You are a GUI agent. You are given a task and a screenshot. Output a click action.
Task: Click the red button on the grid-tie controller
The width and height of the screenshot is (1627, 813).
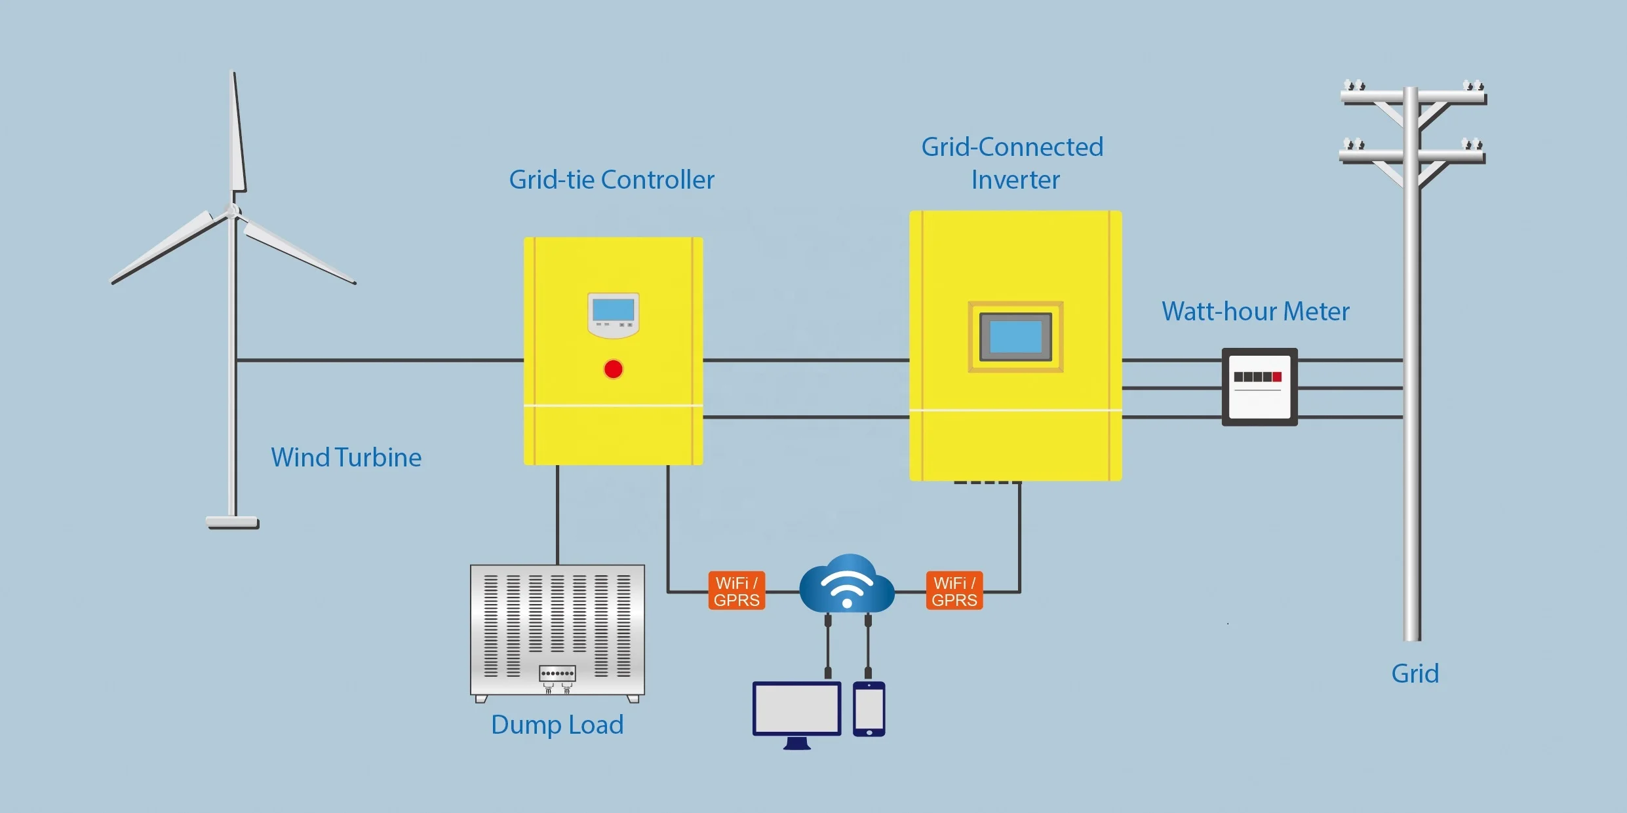pyautogui.click(x=613, y=369)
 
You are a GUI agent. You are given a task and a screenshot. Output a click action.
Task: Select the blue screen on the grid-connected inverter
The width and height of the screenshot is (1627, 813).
pyautogui.click(x=1015, y=337)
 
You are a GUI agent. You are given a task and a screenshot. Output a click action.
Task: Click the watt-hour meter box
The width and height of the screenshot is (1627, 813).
pyautogui.click(x=1259, y=387)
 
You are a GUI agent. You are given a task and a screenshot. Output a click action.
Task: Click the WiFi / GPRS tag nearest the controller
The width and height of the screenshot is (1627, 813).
pyautogui.click(x=737, y=591)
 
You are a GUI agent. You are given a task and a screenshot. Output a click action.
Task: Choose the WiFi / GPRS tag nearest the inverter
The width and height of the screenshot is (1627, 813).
pyautogui.click(x=954, y=591)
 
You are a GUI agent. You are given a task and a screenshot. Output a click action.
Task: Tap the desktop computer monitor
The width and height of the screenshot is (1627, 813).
pyautogui.click(x=796, y=709)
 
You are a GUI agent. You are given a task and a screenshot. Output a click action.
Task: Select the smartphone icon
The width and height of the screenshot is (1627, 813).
pyautogui.click(x=869, y=709)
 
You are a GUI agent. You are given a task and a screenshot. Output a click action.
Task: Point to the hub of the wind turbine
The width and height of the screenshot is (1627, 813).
pyautogui.click(x=232, y=211)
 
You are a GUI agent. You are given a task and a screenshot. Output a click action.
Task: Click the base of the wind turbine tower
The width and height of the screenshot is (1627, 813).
pyautogui.click(x=233, y=522)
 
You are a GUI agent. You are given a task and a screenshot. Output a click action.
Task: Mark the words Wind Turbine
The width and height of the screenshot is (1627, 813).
pyautogui.click(x=346, y=457)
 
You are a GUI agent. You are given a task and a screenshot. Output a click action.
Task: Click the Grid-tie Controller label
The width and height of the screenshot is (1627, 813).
pyautogui.click(x=611, y=180)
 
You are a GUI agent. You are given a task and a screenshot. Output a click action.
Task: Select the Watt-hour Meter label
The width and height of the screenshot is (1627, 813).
pyautogui.click(x=1255, y=311)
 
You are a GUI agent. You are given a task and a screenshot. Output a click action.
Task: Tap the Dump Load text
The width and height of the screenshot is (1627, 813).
pyautogui.click(x=557, y=725)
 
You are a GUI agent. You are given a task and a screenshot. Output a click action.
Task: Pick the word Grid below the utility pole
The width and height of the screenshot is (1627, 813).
pyautogui.click(x=1415, y=673)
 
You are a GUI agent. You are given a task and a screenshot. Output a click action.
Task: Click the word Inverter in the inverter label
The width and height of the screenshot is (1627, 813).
pyautogui.click(x=1015, y=180)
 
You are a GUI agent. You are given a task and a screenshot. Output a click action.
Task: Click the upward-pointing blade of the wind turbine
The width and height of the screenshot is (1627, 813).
pyautogui.click(x=237, y=134)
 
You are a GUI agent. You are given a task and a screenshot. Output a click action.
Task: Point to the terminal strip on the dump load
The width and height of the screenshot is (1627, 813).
pyautogui.click(x=557, y=673)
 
